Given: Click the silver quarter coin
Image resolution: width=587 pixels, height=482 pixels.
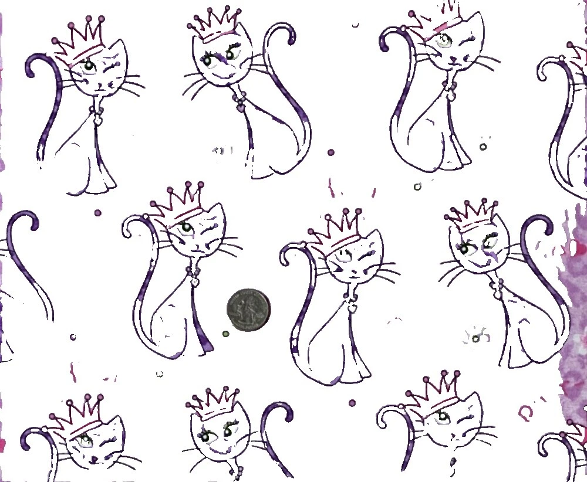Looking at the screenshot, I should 248,310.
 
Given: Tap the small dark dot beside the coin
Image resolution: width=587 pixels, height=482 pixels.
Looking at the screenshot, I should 225,334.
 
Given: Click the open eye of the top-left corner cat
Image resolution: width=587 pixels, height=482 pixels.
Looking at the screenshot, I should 88,66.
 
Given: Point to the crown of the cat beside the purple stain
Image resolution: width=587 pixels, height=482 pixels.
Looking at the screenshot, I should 474,215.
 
